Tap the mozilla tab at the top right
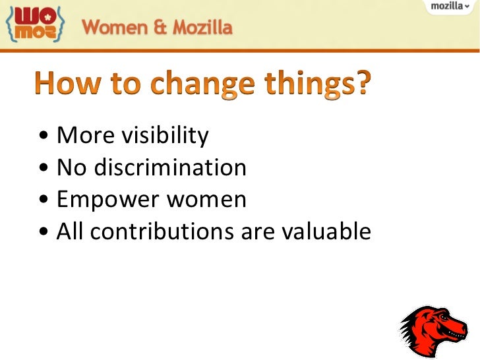click(450, 6)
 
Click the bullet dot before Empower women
click(44, 200)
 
